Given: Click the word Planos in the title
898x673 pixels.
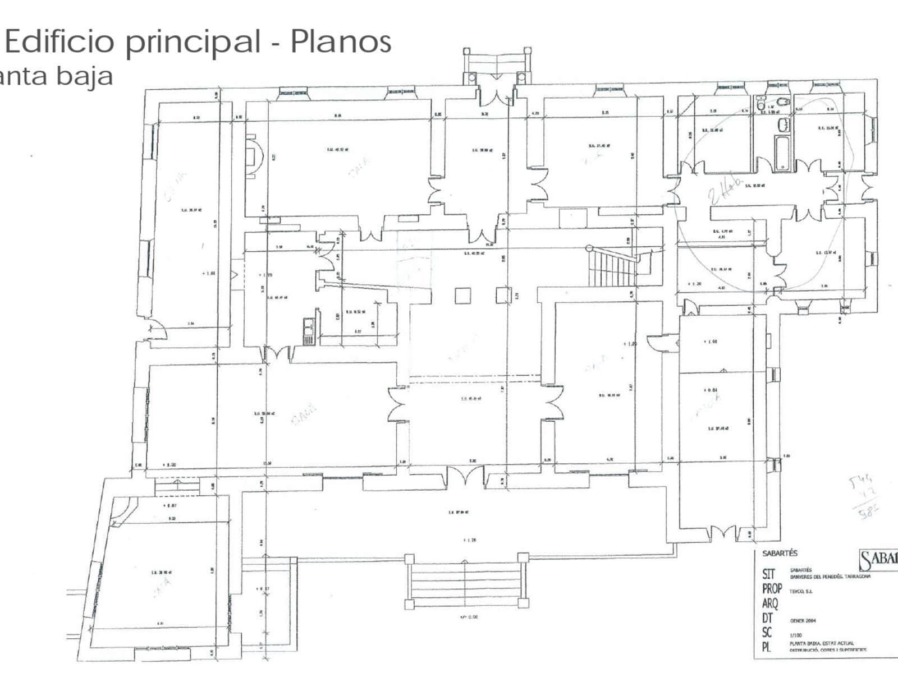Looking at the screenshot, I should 341,42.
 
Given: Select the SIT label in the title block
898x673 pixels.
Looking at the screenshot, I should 768,574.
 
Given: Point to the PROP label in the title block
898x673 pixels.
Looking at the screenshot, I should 772,589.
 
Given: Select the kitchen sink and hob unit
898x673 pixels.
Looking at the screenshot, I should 308,331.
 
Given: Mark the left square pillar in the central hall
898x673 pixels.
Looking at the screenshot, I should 462,296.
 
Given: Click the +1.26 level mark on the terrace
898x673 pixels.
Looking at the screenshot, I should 470,541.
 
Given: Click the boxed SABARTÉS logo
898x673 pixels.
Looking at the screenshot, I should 878,560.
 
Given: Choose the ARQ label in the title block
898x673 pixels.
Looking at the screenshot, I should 770,604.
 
